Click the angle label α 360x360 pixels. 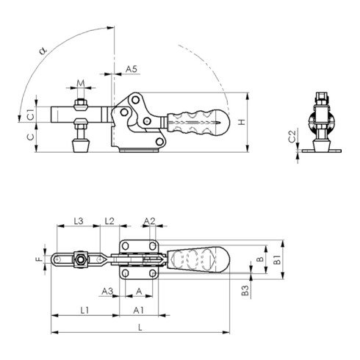pyautogui.click(x=43, y=50)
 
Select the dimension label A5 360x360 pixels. pyautogui.click(x=131, y=68)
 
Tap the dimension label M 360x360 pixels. pyautogui.click(x=82, y=83)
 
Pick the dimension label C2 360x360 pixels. pyautogui.click(x=292, y=137)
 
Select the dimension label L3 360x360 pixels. pyautogui.click(x=79, y=220)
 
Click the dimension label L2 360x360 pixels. pyautogui.click(x=109, y=220)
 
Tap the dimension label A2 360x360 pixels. pyautogui.click(x=149, y=220)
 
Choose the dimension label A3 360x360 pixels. pyautogui.click(x=107, y=291)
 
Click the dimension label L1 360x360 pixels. pyautogui.click(x=84, y=311)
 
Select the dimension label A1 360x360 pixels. pyautogui.click(x=138, y=311)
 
